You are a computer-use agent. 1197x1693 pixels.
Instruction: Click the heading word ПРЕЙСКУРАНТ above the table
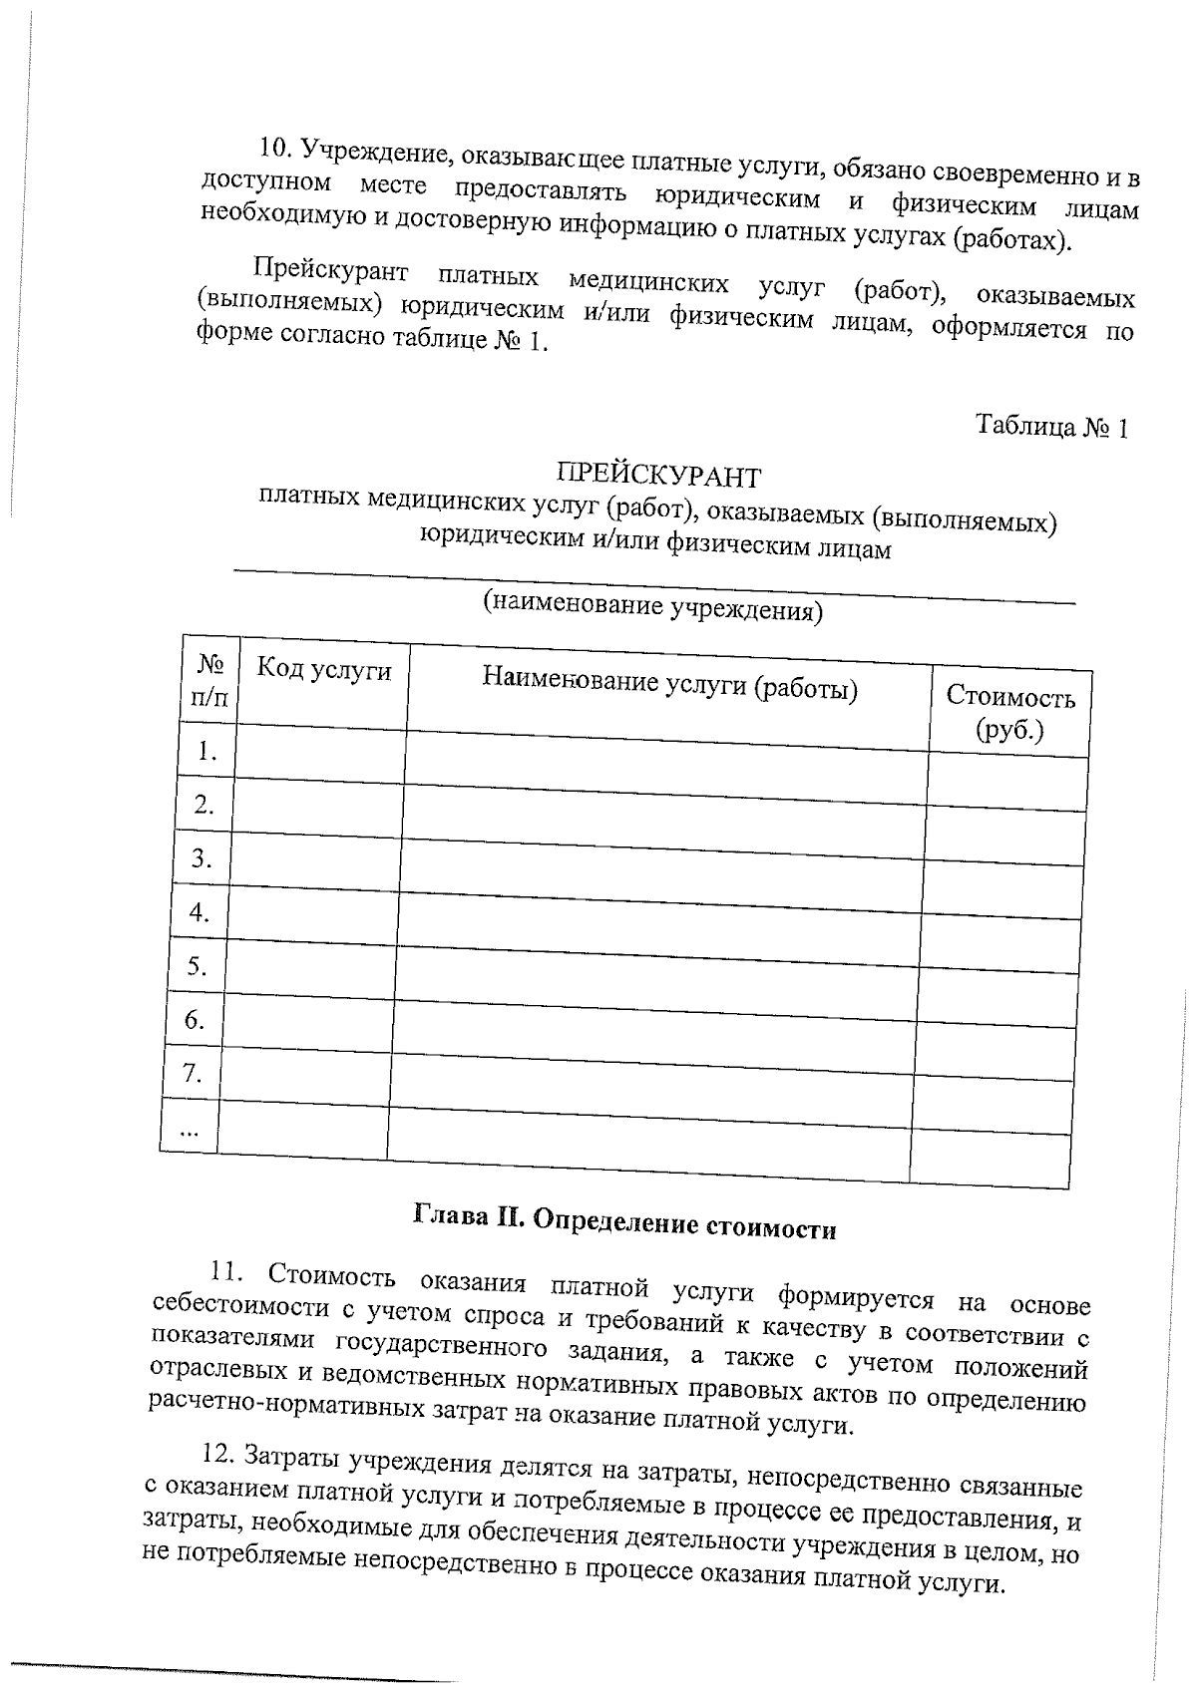click(658, 475)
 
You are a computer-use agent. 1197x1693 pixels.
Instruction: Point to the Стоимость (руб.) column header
click(1009, 712)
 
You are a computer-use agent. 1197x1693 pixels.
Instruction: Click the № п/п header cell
click(209, 680)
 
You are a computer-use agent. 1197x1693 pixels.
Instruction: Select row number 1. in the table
click(206, 751)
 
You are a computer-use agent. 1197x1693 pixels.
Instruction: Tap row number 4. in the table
click(199, 911)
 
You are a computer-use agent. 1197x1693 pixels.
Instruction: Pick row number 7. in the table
click(194, 1073)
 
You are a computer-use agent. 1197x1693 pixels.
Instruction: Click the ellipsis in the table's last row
click(189, 1129)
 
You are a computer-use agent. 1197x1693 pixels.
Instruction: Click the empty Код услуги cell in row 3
click(315, 859)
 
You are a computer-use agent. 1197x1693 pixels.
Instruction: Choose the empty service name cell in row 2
click(664, 820)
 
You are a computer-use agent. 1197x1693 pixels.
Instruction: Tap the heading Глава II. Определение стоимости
click(623, 1222)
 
